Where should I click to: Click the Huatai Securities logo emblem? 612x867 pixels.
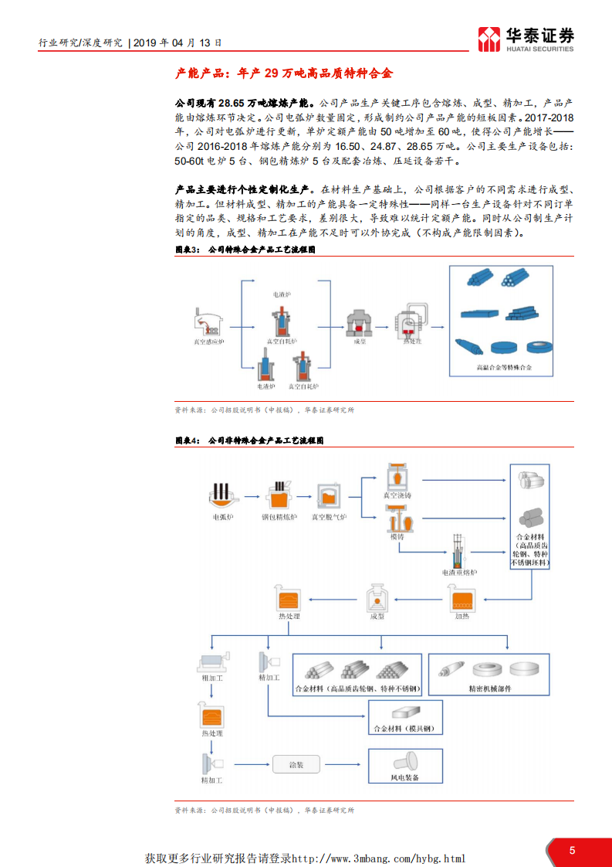click(489, 38)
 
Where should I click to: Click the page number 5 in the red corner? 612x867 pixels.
click(572, 850)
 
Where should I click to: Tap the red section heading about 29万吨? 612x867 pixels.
click(284, 73)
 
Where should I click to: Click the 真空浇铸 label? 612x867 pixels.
click(398, 494)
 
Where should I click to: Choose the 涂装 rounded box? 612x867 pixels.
click(296, 764)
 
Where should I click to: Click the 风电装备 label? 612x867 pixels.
click(405, 777)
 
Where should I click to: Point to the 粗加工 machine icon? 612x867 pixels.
click(211, 661)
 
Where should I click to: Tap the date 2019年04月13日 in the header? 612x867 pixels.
click(178, 43)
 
